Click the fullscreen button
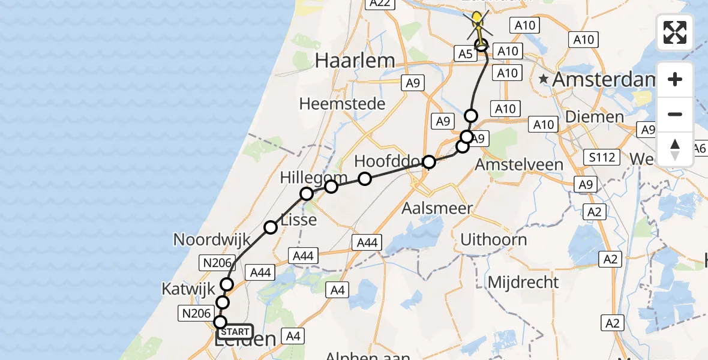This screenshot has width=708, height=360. (675, 32)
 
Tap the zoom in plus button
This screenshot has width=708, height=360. (675, 79)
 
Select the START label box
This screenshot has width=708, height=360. (235, 332)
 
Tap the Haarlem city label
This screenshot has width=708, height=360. (355, 61)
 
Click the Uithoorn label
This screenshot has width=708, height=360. (494, 239)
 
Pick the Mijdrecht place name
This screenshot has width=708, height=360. (523, 282)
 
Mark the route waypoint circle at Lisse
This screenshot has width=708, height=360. (271, 227)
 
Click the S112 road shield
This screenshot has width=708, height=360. (602, 157)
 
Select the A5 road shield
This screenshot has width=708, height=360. (466, 54)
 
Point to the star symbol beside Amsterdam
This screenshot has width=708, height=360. (544, 79)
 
